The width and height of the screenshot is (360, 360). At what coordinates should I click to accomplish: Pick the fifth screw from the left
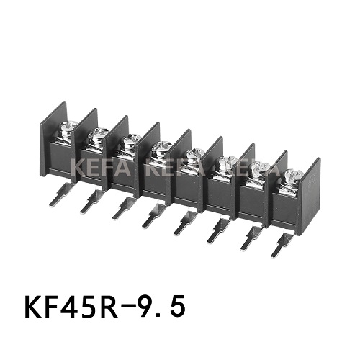coord(193,153)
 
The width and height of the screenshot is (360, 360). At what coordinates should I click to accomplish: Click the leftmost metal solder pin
coord(58,194)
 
